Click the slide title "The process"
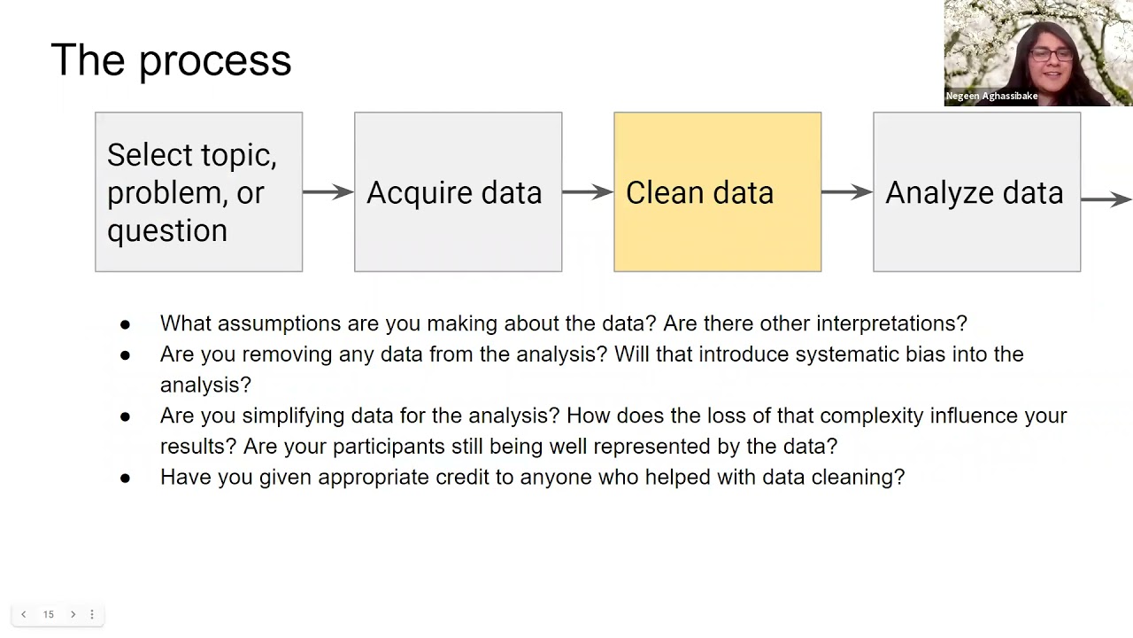171,60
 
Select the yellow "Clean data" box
717,191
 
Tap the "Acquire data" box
458,191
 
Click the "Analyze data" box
976,191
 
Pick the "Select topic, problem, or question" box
198,191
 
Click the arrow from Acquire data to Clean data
588,191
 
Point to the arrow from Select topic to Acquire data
328,191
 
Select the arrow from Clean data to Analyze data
847,191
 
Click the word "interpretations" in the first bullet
891,323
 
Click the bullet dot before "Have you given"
125,478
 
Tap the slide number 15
49,614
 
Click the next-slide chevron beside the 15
73,614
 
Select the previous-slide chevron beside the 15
24,614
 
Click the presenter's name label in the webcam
991,96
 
